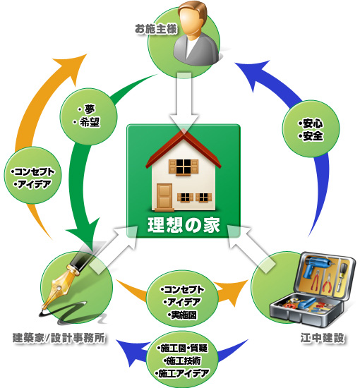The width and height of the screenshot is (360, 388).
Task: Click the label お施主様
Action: (x=156, y=29)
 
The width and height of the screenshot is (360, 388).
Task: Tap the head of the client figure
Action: (x=193, y=19)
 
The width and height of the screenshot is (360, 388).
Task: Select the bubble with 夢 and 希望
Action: (x=89, y=116)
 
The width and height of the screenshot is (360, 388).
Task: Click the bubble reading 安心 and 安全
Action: (x=311, y=128)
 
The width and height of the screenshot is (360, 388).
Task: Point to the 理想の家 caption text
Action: (x=184, y=226)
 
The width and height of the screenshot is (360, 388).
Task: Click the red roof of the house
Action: (x=184, y=149)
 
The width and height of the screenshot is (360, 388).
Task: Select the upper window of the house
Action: (x=184, y=166)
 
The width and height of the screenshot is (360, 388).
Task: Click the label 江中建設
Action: (x=323, y=338)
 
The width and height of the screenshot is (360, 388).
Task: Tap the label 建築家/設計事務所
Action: (x=59, y=338)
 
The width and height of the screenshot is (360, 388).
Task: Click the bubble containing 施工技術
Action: (x=183, y=360)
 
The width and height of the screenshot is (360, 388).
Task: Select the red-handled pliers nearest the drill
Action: (x=316, y=281)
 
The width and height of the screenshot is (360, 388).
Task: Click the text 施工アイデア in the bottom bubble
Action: (x=184, y=373)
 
